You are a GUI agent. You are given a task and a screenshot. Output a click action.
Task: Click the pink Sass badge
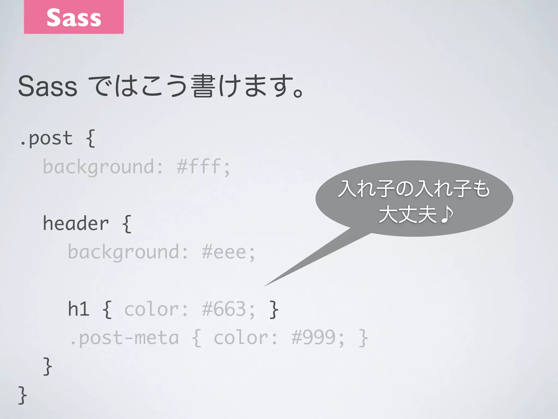click(74, 17)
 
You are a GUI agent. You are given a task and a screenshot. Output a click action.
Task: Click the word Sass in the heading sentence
click(48, 87)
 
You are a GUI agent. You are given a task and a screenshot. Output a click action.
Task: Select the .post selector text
click(46, 139)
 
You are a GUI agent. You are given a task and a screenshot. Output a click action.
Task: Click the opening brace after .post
click(90, 139)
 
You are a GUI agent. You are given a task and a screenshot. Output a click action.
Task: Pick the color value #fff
click(199, 167)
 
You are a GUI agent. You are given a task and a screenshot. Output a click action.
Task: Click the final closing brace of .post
click(23, 395)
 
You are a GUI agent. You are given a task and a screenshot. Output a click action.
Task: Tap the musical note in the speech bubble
click(447, 215)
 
